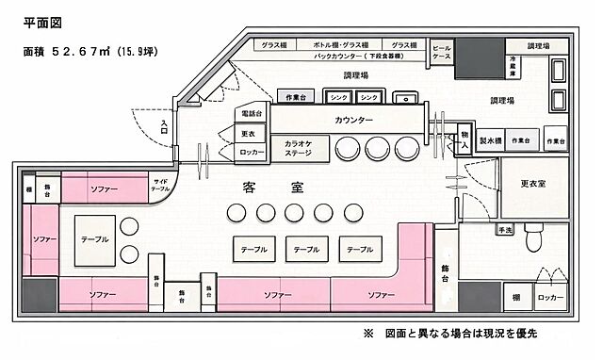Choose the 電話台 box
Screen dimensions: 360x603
coord(251,114)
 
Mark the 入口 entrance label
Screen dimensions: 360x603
coord(165,127)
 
